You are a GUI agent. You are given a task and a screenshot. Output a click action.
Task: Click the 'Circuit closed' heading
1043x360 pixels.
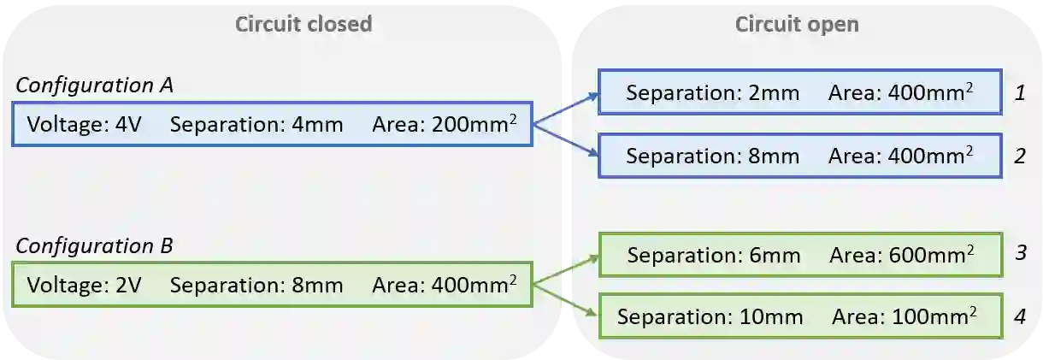click(x=303, y=24)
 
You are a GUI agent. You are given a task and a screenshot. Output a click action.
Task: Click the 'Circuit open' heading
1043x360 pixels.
click(x=797, y=24)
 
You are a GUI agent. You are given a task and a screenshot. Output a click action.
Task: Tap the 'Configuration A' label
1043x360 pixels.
click(x=94, y=86)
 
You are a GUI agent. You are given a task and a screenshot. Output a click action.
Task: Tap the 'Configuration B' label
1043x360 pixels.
click(x=94, y=246)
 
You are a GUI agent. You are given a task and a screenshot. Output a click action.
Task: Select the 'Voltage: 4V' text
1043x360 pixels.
click(x=84, y=125)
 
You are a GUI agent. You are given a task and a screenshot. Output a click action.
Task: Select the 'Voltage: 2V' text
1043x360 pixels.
click(x=84, y=285)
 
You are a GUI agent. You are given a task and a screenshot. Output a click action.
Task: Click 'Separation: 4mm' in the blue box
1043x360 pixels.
click(x=256, y=125)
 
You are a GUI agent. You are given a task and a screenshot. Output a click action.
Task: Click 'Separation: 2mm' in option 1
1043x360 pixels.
click(x=712, y=92)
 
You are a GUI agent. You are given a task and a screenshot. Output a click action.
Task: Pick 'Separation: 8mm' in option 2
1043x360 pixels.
click(x=712, y=156)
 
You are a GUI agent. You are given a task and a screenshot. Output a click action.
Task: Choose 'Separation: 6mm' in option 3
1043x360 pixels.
click(x=713, y=255)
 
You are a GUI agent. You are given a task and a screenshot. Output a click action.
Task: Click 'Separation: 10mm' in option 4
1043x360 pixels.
click(x=710, y=317)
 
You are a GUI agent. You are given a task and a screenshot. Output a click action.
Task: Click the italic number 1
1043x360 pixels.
click(x=1019, y=92)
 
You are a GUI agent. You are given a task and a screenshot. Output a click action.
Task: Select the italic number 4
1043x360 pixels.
click(x=1019, y=317)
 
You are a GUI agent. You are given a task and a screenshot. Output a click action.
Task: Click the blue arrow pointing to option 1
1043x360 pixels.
click(x=566, y=109)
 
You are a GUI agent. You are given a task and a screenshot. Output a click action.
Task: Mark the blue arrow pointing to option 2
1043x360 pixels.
click(x=566, y=141)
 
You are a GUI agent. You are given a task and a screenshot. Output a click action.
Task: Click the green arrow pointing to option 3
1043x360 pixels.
click(x=566, y=269)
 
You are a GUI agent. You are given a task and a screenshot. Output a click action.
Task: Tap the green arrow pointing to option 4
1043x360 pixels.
click(x=566, y=300)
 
